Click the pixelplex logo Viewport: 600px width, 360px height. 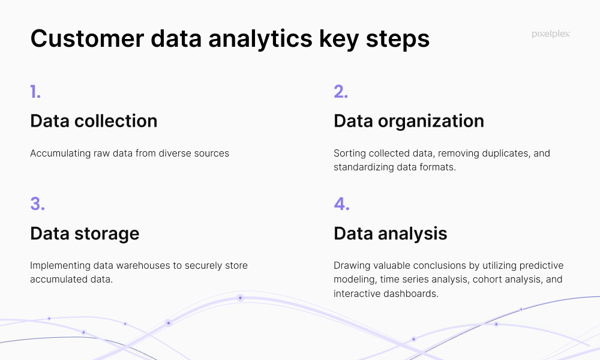pyautogui.click(x=551, y=34)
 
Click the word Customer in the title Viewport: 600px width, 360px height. pyautogui.click(x=87, y=38)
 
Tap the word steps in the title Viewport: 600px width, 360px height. pyautogui.click(x=398, y=40)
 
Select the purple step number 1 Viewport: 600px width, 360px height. pyautogui.click(x=35, y=92)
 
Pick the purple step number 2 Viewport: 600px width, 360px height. pyautogui.click(x=341, y=92)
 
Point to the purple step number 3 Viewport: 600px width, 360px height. pyautogui.click(x=37, y=204)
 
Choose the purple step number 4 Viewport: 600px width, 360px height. pyautogui.click(x=342, y=204)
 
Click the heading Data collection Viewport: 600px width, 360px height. pyautogui.click(x=94, y=121)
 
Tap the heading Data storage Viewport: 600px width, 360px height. pyautogui.click(x=85, y=234)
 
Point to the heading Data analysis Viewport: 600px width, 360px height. pyautogui.click(x=391, y=234)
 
